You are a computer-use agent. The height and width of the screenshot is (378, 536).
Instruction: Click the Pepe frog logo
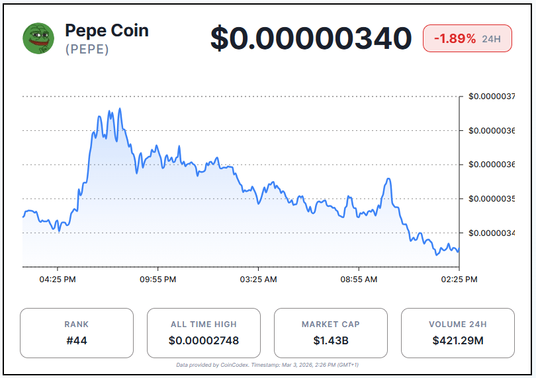[38, 38]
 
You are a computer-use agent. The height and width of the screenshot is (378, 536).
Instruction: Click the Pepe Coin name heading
[107, 30]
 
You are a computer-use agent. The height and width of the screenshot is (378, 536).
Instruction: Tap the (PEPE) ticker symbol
[87, 50]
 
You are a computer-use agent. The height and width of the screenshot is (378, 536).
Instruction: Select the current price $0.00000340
[311, 38]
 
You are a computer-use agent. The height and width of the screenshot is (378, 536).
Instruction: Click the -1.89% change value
[455, 39]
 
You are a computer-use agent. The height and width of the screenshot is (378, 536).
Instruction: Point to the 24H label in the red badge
[491, 40]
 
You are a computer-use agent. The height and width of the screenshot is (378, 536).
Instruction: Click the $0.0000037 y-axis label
[492, 96]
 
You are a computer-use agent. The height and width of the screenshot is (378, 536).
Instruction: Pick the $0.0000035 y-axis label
[492, 198]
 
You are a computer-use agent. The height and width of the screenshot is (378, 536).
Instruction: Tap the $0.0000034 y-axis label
[492, 233]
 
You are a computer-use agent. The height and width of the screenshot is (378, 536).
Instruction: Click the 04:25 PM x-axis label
[58, 280]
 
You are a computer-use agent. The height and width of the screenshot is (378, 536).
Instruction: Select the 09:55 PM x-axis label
[157, 280]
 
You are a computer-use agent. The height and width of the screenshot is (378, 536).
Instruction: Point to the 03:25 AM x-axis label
[258, 280]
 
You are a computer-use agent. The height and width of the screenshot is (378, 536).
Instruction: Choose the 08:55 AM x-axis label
[359, 280]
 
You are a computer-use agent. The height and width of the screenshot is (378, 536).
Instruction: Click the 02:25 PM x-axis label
[459, 280]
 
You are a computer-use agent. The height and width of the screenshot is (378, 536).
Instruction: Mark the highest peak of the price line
[120, 109]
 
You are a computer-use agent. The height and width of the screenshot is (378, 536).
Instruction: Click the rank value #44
[76, 341]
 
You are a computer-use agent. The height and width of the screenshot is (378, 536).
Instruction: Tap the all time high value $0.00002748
[203, 341]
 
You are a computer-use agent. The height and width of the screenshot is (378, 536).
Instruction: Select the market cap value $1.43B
[330, 341]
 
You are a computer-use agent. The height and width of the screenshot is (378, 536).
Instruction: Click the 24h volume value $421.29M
[457, 341]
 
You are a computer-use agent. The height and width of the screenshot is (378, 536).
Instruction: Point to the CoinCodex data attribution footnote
[267, 365]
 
